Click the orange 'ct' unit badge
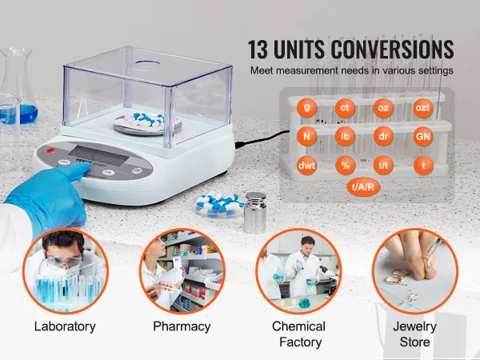[345, 108]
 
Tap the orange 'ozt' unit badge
[422, 108]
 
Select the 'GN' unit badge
[423, 137]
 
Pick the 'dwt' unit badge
[306, 166]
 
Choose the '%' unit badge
[345, 166]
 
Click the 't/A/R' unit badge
[363, 186]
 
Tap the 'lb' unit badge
[345, 137]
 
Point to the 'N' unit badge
[306, 137]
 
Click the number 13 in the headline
[258, 50]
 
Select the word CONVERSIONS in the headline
[392, 50]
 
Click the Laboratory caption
[65, 326]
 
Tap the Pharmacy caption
[182, 327]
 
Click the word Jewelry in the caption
[414, 327]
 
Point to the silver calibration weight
[254, 213]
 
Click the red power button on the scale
[50, 150]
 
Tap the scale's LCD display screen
[98, 157]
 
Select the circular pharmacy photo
[182, 270]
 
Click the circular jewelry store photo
[414, 270]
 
